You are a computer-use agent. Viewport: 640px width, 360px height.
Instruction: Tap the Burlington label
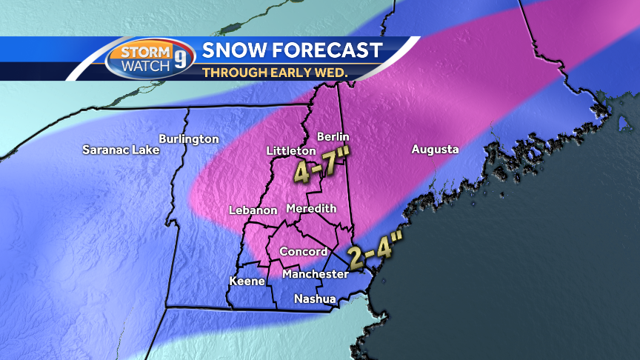pyautogui.click(x=189, y=139)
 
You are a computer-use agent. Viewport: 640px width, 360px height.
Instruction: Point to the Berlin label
pyautogui.click(x=333, y=136)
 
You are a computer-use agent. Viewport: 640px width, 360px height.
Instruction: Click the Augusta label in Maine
pyautogui.click(x=436, y=149)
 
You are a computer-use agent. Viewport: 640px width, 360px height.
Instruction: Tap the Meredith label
pyautogui.click(x=311, y=208)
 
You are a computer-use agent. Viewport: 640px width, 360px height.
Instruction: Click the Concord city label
pyautogui.click(x=304, y=252)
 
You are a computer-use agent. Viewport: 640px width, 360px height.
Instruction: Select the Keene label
pyautogui.click(x=247, y=281)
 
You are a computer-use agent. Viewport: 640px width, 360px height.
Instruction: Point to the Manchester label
pyautogui.click(x=315, y=274)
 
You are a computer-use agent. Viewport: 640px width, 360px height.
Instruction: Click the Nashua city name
pyautogui.click(x=315, y=299)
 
